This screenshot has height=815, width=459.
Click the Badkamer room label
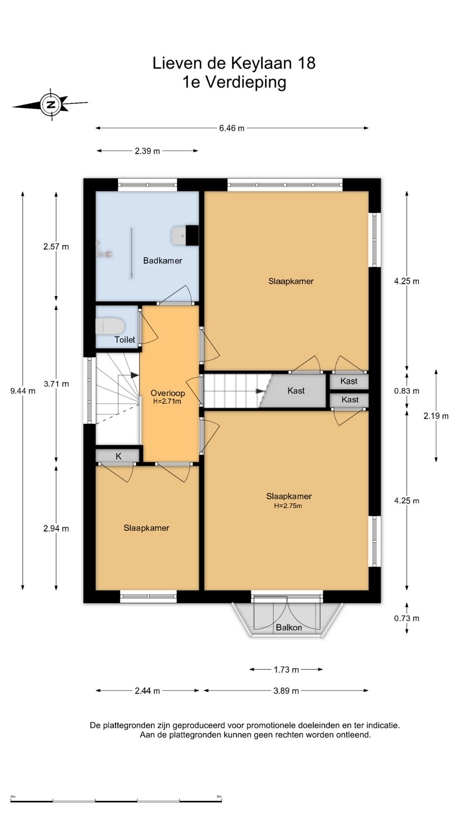tap(162, 261)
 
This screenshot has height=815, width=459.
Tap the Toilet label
tap(125, 340)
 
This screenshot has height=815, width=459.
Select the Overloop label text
tap(167, 393)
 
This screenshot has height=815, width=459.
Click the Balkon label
tap(289, 627)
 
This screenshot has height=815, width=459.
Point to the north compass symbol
tap(51, 104)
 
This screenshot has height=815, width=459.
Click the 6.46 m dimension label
tap(232, 128)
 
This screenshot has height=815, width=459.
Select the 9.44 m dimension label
tap(23, 391)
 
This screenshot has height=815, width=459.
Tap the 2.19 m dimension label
tap(436, 416)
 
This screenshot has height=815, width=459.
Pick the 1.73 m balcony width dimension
tap(286, 669)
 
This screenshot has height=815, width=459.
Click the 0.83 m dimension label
tap(407, 391)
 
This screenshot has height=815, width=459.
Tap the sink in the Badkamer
tap(179, 235)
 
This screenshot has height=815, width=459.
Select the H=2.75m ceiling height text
tap(288, 506)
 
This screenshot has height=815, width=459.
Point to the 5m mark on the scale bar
tap(219, 796)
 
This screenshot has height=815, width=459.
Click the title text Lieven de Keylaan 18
tap(234, 63)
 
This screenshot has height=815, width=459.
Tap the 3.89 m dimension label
tap(286, 691)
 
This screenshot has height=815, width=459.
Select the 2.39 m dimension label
tap(147, 151)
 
